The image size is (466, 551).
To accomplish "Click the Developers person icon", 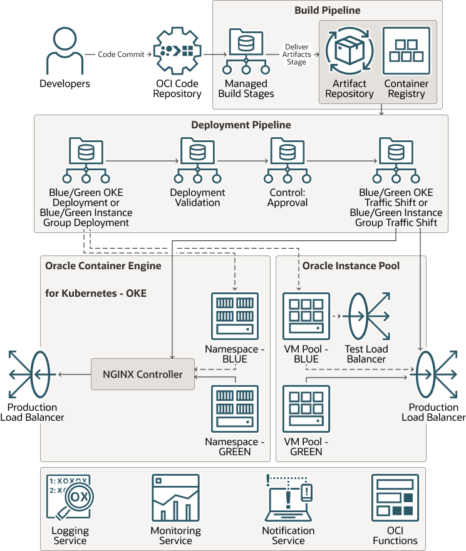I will tap(65, 50).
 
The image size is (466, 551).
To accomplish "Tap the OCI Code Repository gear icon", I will tap(177, 51).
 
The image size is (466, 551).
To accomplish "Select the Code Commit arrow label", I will tap(122, 54).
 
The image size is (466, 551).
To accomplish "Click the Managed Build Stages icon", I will tap(246, 51).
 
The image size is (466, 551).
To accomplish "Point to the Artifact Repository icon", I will tap(349, 51).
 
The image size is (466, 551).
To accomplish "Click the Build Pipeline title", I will tap(327, 11).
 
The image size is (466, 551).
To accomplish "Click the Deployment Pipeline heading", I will tap(241, 125).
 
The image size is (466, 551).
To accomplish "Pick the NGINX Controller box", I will tap(143, 374).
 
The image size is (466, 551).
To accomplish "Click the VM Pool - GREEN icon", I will tap(306, 409).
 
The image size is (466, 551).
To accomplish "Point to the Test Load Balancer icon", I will tap(366, 317).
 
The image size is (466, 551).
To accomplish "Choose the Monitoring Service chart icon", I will tap(175, 498).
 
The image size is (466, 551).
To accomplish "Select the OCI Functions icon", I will tap(395, 498).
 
